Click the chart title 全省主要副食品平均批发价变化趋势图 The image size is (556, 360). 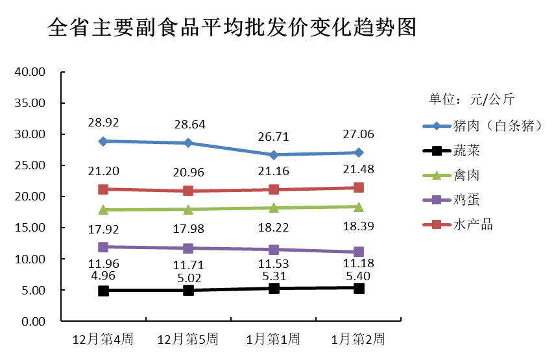(232, 28)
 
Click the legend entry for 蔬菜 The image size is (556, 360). (466, 150)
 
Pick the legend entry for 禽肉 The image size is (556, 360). (466, 175)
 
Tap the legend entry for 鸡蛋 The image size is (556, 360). (466, 200)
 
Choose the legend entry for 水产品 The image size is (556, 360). (472, 224)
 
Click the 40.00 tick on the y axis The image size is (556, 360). (29, 72)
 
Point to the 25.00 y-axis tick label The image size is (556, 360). (29, 165)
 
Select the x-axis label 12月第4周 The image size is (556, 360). (103, 339)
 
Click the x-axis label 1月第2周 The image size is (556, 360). (357, 339)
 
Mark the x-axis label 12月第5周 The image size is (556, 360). (187, 339)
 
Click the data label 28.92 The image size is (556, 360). (104, 122)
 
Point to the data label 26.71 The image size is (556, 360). (273, 136)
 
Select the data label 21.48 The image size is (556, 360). (358, 170)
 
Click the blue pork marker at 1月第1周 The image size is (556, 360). (274, 155)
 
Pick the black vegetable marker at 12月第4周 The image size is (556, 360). (103, 291)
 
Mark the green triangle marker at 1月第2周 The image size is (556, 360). (358, 207)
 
